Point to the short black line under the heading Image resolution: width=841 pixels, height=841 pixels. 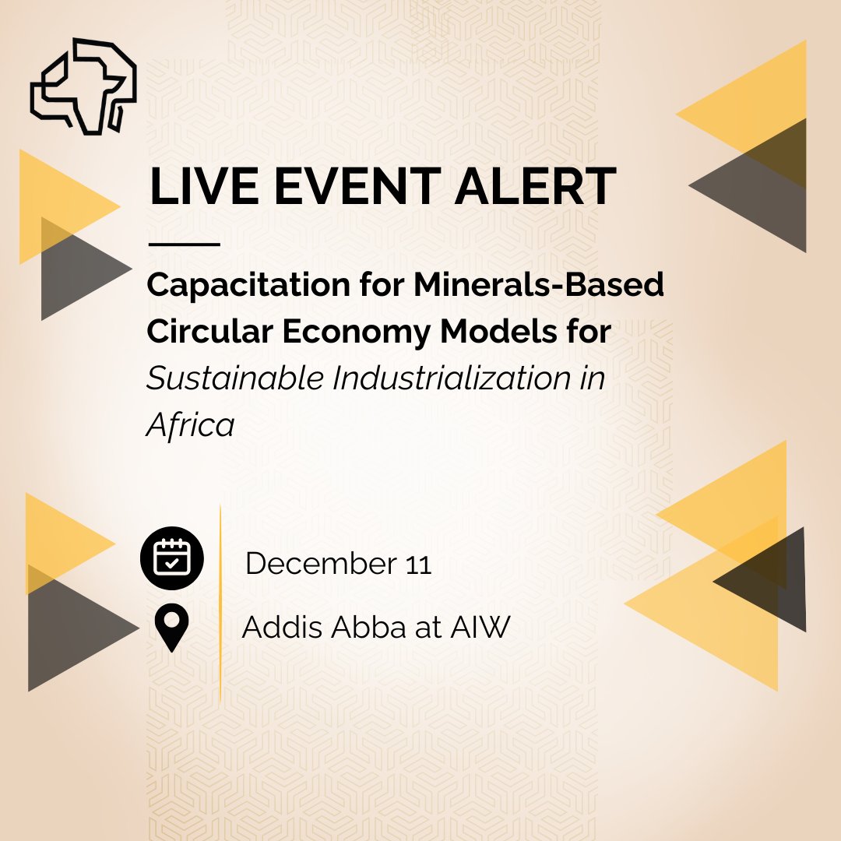pos(184,245)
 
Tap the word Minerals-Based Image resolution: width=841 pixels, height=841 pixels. pos(539,286)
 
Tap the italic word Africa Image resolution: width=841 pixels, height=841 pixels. pos(190,425)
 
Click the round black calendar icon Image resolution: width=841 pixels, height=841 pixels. pos(171,558)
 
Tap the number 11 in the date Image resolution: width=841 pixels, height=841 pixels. pos(418,565)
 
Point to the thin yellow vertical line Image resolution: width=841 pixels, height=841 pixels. pos(220,600)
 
